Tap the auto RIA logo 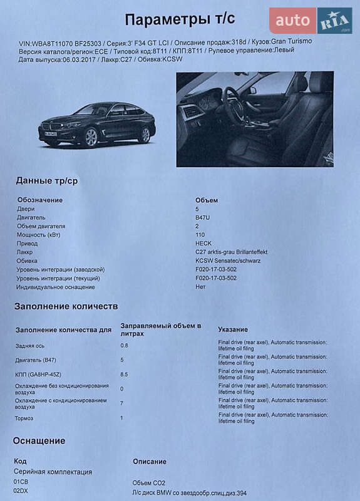click(x=311, y=21)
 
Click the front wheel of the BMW click(x=91, y=137)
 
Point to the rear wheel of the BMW click(x=145, y=134)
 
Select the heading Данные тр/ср click(x=47, y=181)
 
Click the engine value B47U click(x=204, y=217)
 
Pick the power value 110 click(x=200, y=235)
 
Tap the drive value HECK click(x=203, y=243)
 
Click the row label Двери click(x=26, y=209)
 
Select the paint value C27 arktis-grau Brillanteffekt click(x=231, y=252)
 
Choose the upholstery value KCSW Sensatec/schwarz click(x=228, y=261)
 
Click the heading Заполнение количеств click(x=66, y=306)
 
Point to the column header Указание click(x=233, y=329)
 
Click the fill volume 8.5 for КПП click(x=124, y=374)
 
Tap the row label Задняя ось click(x=30, y=345)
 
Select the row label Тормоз click(x=25, y=418)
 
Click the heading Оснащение click(x=39, y=440)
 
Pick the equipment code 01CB click(x=21, y=481)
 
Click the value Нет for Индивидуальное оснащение click(x=200, y=287)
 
